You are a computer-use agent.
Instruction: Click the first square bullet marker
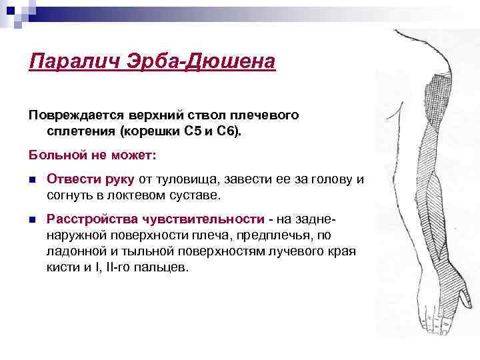point(33,179)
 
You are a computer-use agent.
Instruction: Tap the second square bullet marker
point(33,219)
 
